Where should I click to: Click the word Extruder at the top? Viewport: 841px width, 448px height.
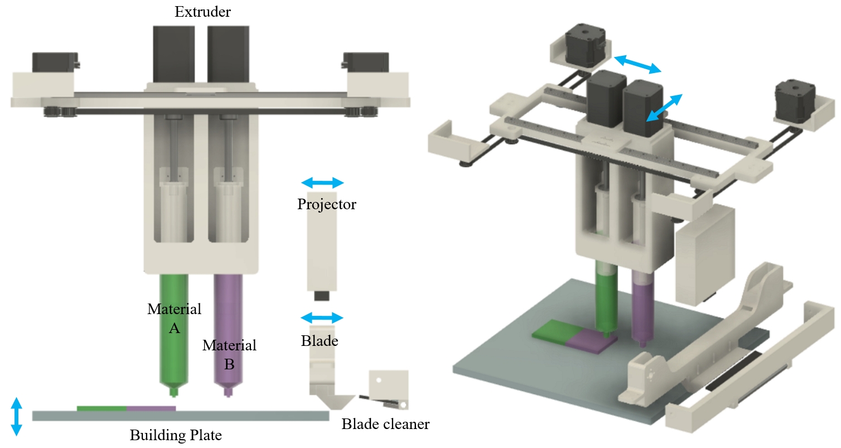[x=203, y=12]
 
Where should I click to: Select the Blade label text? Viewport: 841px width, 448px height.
[x=320, y=341]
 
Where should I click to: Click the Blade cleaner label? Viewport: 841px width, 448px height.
[x=385, y=424]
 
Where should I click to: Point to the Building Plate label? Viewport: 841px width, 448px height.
[x=176, y=435]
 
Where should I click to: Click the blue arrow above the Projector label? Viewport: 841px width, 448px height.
[x=322, y=183]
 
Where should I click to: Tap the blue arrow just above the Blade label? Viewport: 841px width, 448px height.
[x=322, y=318]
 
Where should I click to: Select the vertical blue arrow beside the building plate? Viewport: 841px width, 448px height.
[x=16, y=416]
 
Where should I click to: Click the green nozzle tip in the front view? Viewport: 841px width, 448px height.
[x=173, y=393]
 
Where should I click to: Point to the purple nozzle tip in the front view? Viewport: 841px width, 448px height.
[x=228, y=393]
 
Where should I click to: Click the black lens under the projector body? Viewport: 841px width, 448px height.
[x=322, y=296]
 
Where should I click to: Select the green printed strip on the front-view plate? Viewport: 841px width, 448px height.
[x=101, y=408]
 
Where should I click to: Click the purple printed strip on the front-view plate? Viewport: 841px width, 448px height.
[x=151, y=408]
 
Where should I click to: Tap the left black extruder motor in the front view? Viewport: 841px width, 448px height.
[x=174, y=55]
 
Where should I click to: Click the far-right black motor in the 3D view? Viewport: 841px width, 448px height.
[x=795, y=99]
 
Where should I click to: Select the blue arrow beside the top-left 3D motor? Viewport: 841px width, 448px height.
[x=637, y=64]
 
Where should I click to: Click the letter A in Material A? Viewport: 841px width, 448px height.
[x=174, y=329]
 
